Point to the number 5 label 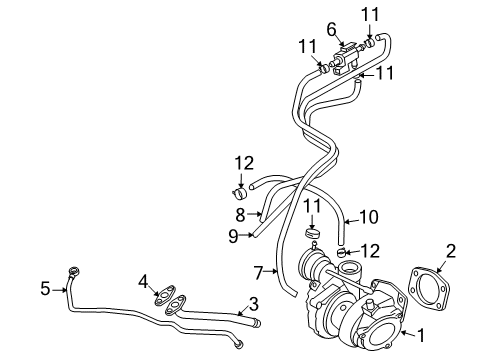point(44,289)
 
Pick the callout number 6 point(331,29)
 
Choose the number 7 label point(257,271)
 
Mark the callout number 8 point(241,214)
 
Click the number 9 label point(232,235)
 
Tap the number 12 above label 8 point(244,162)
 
